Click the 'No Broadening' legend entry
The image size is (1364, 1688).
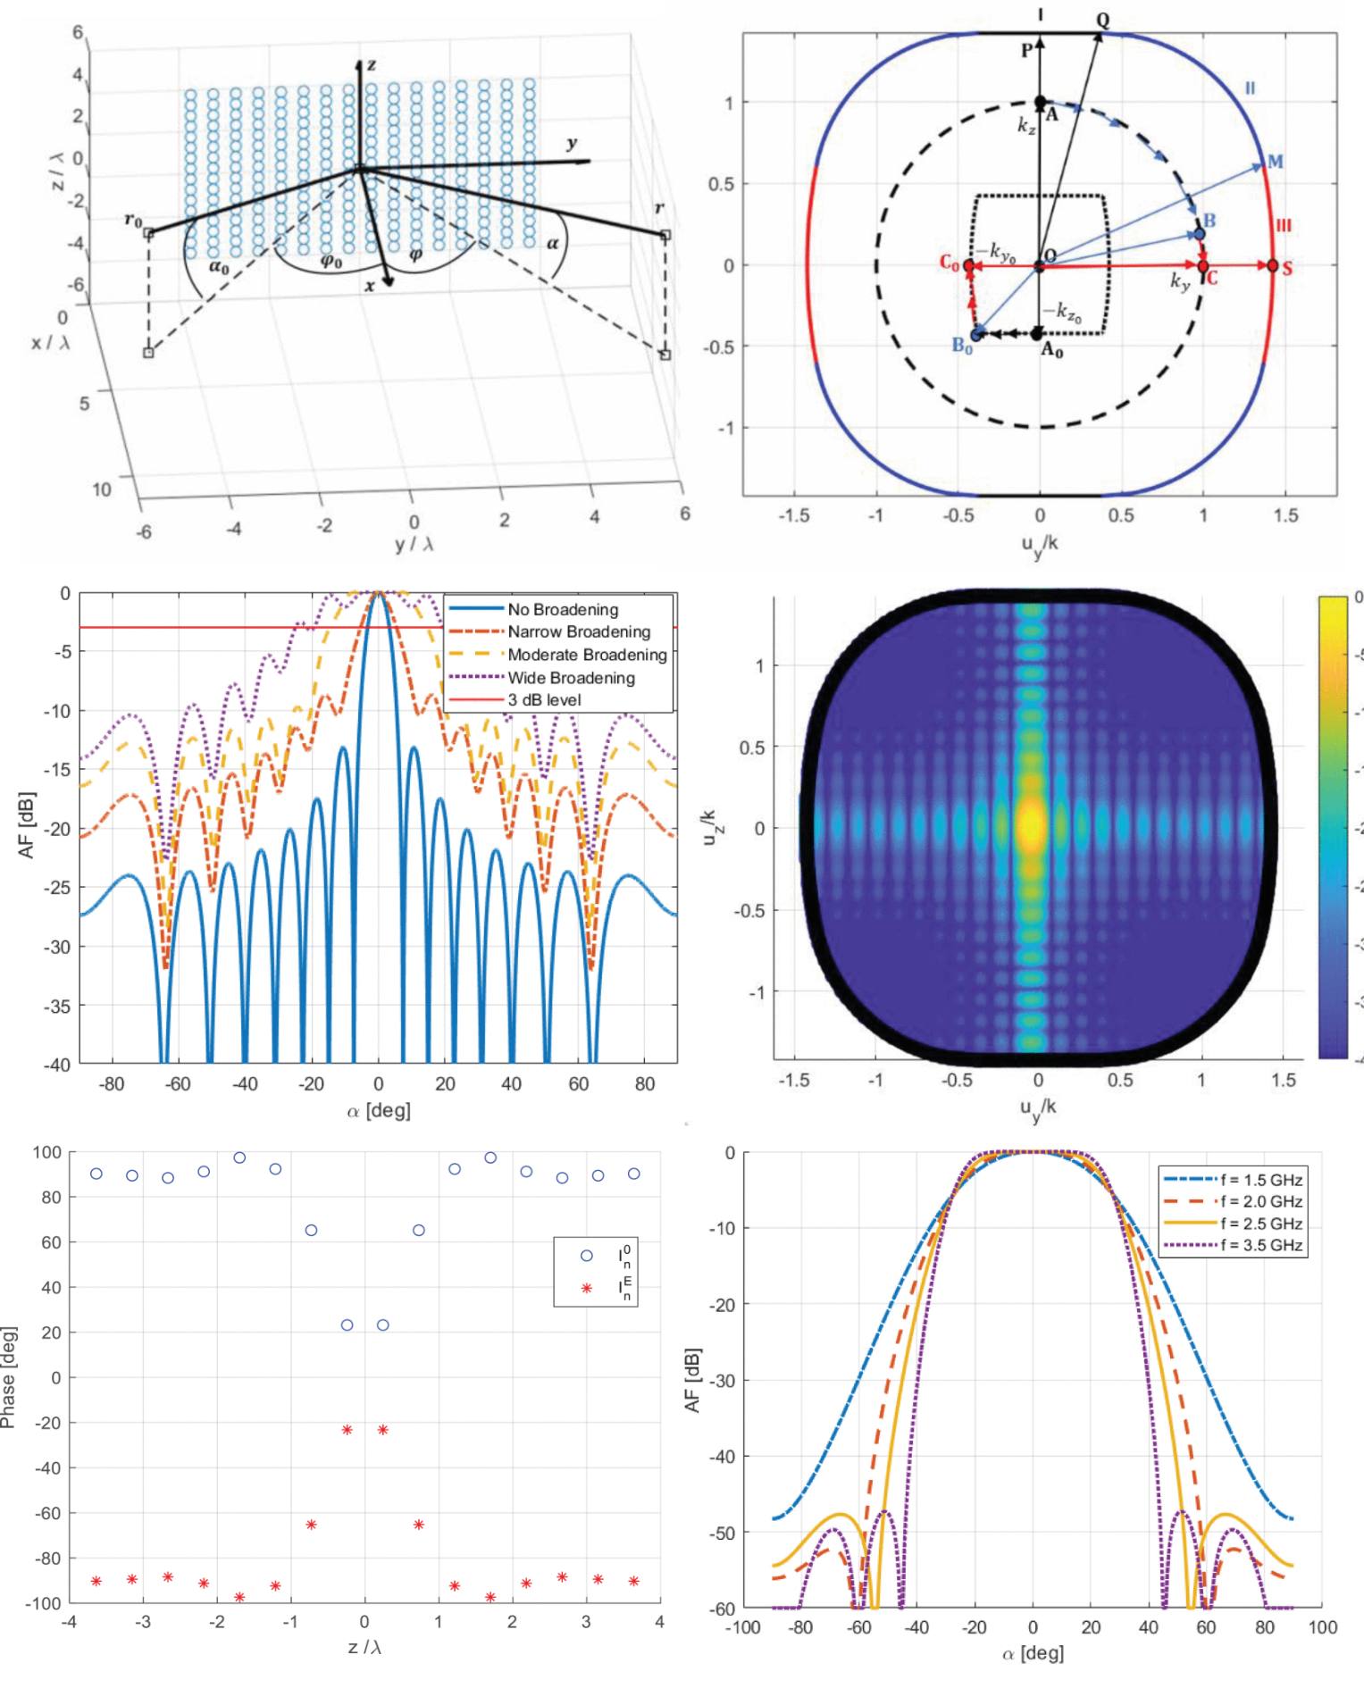point(563,610)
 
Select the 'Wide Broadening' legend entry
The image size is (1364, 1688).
point(571,678)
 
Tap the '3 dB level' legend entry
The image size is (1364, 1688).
point(544,700)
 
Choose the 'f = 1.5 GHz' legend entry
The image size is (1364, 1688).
point(1260,1179)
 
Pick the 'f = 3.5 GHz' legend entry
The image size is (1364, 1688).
point(1260,1245)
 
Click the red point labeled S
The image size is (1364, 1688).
point(1272,265)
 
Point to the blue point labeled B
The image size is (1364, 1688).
point(1200,234)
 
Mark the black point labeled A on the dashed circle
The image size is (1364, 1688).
point(1040,102)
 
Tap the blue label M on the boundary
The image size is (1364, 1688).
point(1275,162)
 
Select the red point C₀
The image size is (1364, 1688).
point(969,265)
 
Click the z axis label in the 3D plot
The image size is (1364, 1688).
point(371,64)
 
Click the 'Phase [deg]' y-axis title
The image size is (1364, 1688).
point(9,1377)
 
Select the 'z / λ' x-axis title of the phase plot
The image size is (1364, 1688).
point(364,1647)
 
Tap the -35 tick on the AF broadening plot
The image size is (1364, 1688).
point(57,1005)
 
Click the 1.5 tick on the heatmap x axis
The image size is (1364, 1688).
point(1283,1081)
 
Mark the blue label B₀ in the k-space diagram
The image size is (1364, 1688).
point(962,347)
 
